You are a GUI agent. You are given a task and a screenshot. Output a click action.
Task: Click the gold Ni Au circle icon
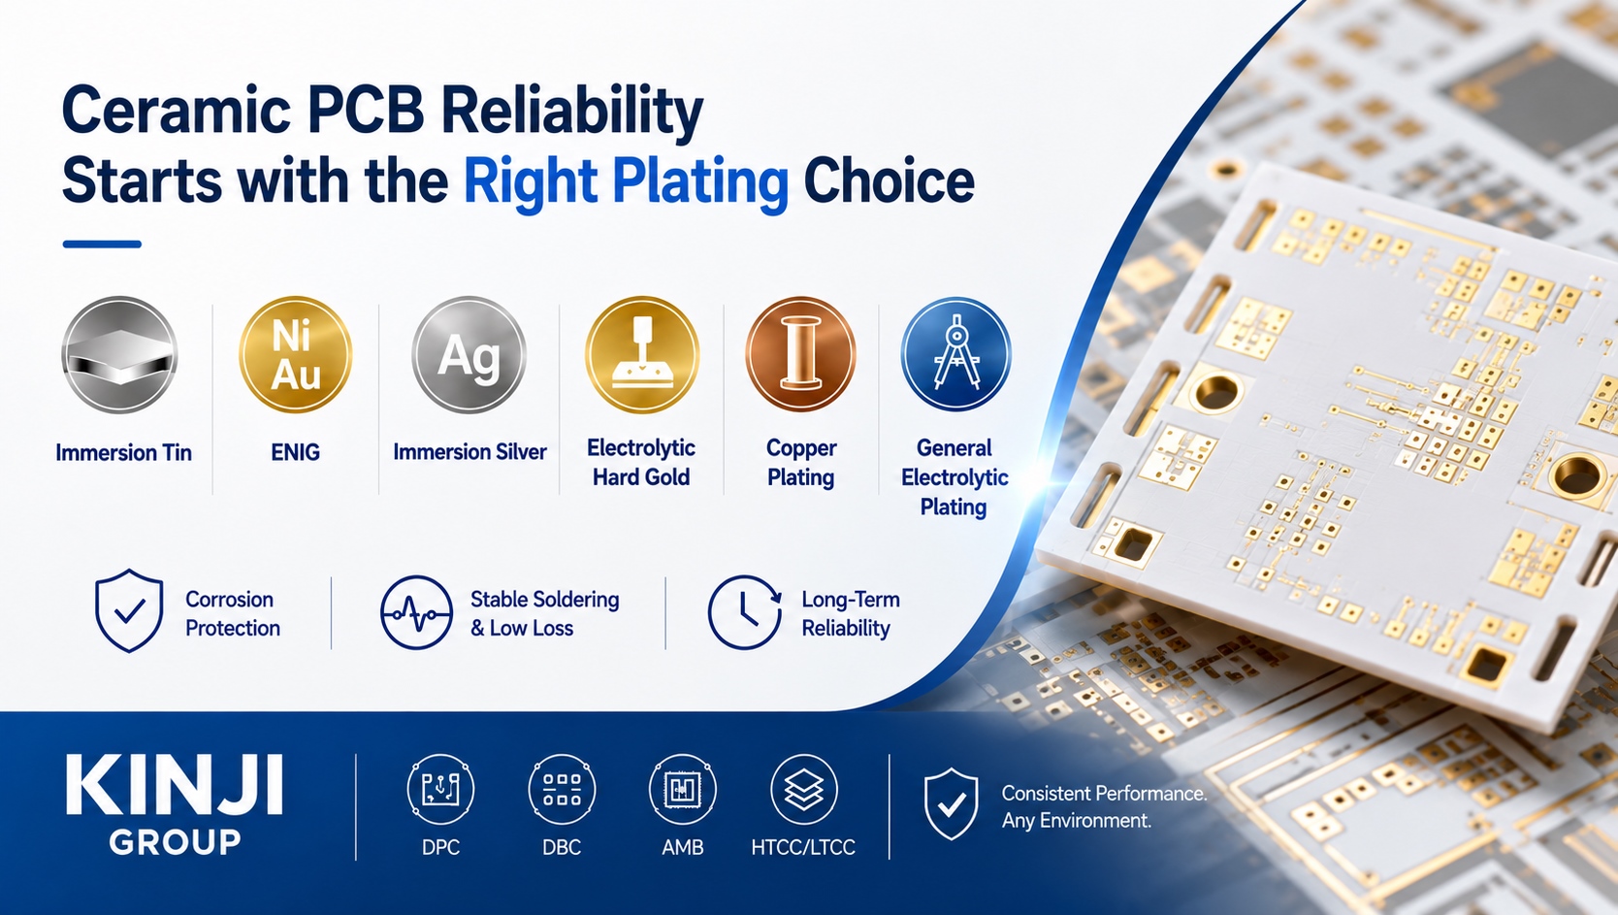tap(296, 355)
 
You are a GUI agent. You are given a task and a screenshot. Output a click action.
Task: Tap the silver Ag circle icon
tap(469, 355)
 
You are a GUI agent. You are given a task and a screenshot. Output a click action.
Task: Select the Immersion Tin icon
tap(119, 355)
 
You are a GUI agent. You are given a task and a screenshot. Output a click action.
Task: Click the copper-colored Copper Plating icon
tap(800, 355)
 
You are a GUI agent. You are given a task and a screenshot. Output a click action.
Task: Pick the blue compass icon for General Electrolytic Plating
tap(955, 355)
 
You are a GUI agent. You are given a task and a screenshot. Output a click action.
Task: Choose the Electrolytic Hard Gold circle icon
tap(641, 355)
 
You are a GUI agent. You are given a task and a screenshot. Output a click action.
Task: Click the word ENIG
tap(296, 452)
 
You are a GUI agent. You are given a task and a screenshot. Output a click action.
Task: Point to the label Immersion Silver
tap(469, 452)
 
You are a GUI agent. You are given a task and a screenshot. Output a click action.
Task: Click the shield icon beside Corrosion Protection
tap(129, 610)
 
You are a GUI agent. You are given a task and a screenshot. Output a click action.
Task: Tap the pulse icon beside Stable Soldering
tap(416, 612)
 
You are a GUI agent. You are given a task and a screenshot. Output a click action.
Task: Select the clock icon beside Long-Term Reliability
tap(744, 612)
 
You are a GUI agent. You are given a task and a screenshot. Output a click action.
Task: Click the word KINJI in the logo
tap(174, 786)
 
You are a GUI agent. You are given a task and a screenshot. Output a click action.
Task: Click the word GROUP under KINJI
tap(175, 842)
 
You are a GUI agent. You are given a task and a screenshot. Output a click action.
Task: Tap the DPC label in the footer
tap(440, 847)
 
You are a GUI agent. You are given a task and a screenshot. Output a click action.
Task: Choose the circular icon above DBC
tap(562, 789)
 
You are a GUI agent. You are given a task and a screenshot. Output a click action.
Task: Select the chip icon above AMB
tap(683, 789)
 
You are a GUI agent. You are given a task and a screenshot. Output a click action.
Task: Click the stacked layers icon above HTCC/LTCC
tap(804, 789)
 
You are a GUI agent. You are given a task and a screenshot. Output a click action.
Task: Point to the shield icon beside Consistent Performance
tap(952, 803)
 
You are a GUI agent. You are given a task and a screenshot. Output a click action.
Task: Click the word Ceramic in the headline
tap(177, 110)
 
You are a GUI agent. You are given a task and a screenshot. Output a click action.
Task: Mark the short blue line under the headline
tap(102, 245)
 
